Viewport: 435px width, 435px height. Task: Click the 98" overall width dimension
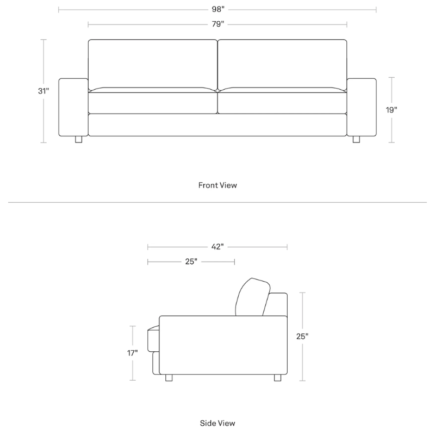click(217, 9)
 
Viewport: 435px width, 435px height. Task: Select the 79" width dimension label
click(217, 24)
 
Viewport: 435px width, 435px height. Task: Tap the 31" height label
click(43, 91)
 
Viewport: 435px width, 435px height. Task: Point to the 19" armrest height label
click(391, 109)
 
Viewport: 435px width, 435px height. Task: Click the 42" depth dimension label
click(217, 247)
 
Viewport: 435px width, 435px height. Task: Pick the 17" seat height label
click(133, 353)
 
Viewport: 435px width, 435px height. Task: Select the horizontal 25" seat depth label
click(191, 262)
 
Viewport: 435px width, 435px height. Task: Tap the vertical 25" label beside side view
click(303, 336)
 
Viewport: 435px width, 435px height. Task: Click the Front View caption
click(217, 185)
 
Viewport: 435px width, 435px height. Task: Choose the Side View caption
click(217, 422)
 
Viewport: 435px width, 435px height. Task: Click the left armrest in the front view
click(73, 107)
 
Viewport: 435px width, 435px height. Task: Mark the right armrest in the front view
click(362, 107)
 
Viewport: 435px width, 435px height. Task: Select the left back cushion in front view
click(153, 63)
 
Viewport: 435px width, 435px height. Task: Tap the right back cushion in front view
click(282, 63)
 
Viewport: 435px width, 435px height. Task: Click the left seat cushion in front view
click(153, 102)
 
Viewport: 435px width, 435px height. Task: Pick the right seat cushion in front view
click(282, 102)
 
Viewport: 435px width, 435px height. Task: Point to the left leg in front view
click(78, 140)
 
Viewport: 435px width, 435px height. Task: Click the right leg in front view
click(357, 140)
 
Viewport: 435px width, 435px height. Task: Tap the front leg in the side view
click(169, 378)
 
